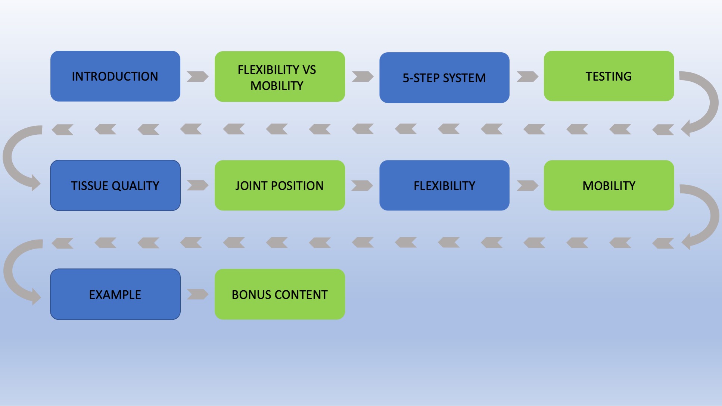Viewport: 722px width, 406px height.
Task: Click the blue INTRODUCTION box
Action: (x=115, y=76)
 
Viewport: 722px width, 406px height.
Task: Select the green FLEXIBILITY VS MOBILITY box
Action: (x=280, y=76)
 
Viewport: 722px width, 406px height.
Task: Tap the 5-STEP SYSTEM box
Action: (x=444, y=78)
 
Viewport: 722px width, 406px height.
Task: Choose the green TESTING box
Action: (x=609, y=76)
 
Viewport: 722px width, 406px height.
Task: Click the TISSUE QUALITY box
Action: (x=115, y=185)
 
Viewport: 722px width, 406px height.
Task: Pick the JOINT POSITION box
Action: (x=280, y=185)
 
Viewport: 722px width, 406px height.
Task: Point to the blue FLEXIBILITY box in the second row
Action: (x=444, y=185)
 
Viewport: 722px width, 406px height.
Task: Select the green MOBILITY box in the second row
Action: (x=609, y=185)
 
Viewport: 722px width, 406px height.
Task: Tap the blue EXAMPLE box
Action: (x=115, y=294)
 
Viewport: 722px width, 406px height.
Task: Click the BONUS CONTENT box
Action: (x=280, y=294)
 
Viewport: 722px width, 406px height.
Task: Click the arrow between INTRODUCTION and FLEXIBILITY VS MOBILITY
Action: (x=197, y=76)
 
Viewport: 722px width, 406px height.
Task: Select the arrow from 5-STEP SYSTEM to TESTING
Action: (x=527, y=76)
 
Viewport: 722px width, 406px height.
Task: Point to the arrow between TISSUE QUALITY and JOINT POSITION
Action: (x=197, y=185)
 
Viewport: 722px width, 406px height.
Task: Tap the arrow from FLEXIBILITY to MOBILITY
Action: (x=527, y=185)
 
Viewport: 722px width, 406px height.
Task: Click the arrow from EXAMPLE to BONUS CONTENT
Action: (x=197, y=294)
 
